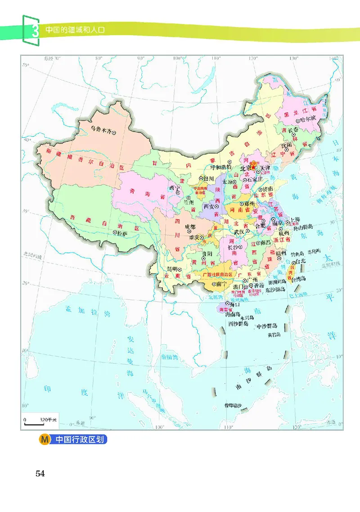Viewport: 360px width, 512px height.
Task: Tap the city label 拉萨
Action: click(123, 233)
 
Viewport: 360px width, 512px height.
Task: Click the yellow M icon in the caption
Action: click(45, 439)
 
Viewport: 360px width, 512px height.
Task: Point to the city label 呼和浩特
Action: click(221, 167)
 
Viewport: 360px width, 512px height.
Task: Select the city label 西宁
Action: click(171, 188)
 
